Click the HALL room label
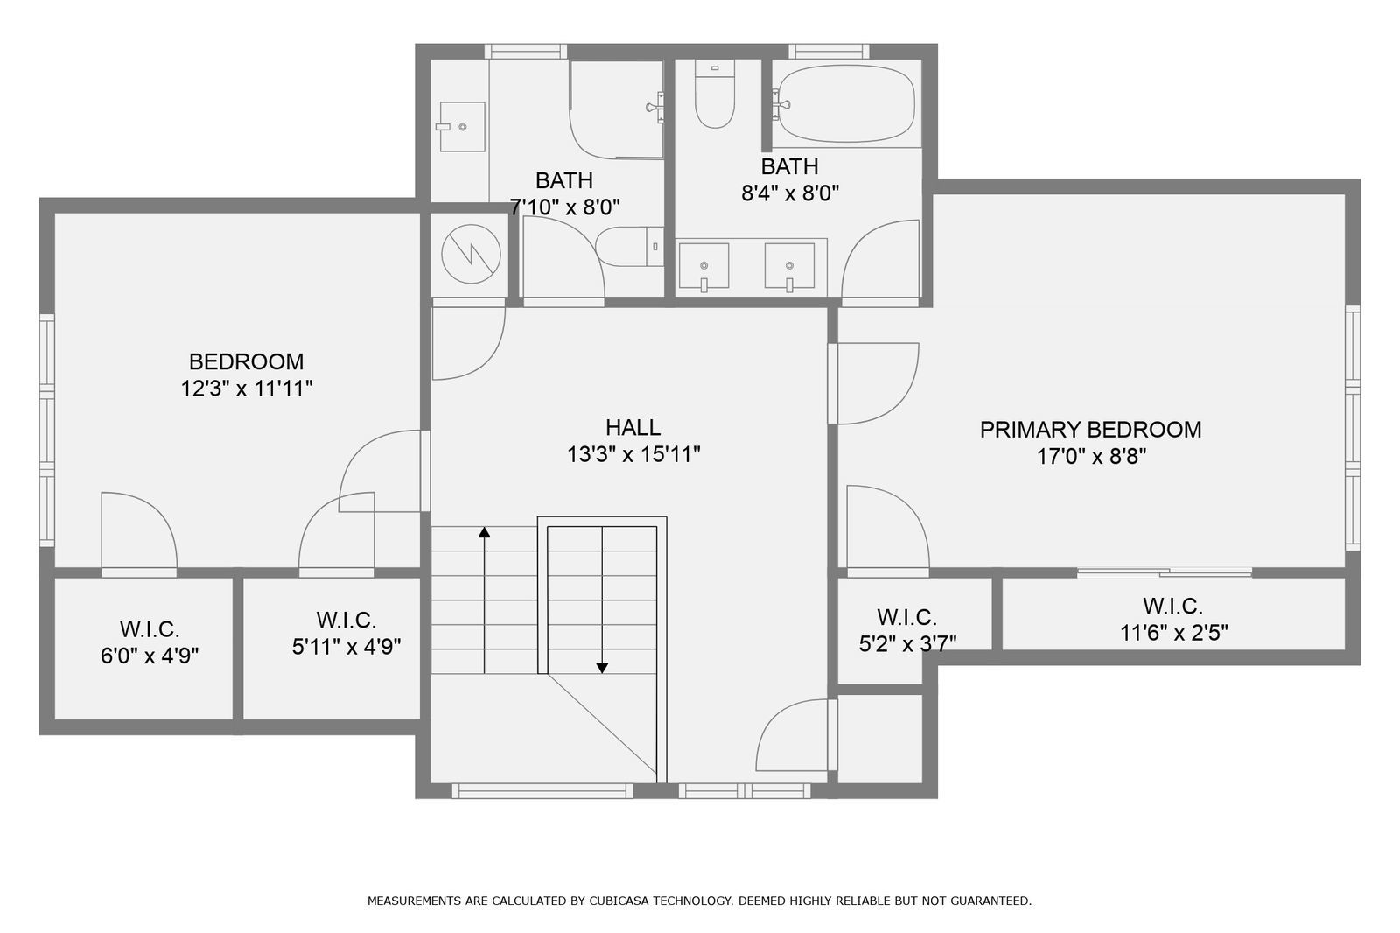click(633, 427)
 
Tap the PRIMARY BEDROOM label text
click(1090, 430)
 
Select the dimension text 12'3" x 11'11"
click(247, 389)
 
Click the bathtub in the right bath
click(845, 103)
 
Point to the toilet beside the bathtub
click(715, 95)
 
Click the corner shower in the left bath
click(615, 109)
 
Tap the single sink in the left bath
click(461, 126)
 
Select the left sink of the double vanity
click(703, 266)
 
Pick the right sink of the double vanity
click(789, 266)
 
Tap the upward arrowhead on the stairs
click(484, 531)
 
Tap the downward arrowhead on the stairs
click(602, 668)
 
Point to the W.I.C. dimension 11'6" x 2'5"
click(1173, 632)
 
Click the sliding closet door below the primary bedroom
click(1164, 573)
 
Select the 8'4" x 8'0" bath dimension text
click(790, 193)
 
